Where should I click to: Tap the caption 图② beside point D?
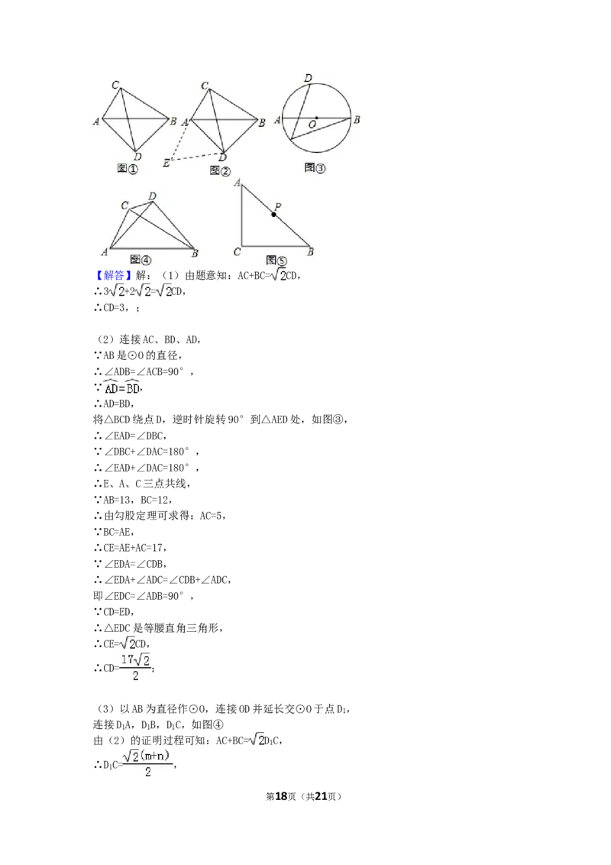[220, 170]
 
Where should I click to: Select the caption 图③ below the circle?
[315, 167]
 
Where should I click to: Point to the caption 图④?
[141, 259]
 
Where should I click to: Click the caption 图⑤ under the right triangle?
[276, 260]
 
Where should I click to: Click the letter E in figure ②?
[166, 162]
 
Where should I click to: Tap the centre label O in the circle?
[312, 124]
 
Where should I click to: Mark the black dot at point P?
[273, 215]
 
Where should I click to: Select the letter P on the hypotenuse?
[278, 206]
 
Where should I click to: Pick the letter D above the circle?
[308, 78]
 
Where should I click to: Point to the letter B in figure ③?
[357, 119]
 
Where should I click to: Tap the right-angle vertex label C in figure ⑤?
[237, 251]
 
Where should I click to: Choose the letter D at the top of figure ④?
[153, 196]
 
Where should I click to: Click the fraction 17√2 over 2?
[134, 667]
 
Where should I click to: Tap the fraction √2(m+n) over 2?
[149, 763]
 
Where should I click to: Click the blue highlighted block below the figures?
[113, 275]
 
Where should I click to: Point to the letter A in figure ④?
[104, 251]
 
